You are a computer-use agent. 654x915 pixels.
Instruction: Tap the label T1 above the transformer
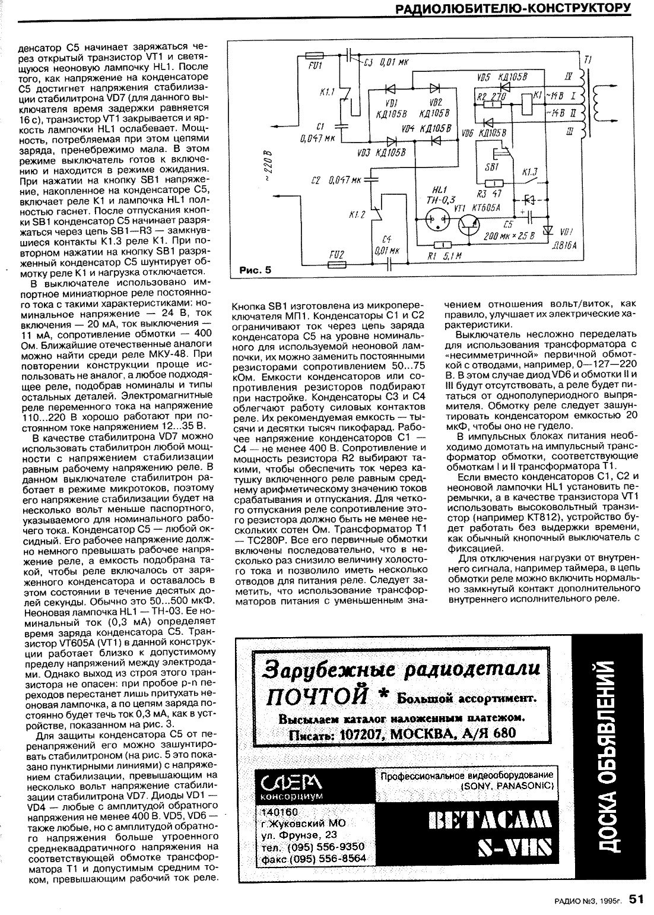(588, 60)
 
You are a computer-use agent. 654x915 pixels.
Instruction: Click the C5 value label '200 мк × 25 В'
(509, 236)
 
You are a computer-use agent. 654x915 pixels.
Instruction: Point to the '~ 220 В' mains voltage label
(269, 167)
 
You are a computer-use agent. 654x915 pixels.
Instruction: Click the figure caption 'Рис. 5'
(255, 270)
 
